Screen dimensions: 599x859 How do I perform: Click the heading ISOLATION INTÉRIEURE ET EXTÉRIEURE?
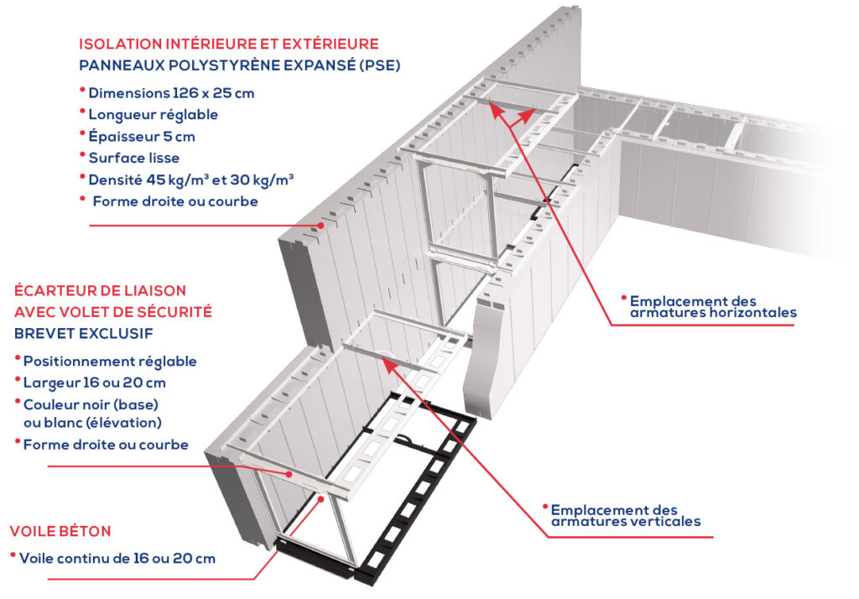tap(228, 44)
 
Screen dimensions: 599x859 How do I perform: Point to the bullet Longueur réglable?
tap(153, 114)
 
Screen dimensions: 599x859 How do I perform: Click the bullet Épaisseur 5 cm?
tap(142, 136)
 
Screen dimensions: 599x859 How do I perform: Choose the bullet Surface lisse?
tap(133, 157)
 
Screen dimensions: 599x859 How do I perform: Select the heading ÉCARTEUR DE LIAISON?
tap(100, 291)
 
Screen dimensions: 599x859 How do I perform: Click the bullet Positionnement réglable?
tap(110, 362)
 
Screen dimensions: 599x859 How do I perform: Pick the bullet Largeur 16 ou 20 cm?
tap(95, 383)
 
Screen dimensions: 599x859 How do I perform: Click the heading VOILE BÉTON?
tap(60, 531)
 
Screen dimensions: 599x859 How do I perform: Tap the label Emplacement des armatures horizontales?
tap(712, 306)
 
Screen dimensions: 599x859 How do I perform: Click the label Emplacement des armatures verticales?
tap(625, 515)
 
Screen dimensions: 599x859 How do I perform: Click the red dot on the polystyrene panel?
tap(320, 225)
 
